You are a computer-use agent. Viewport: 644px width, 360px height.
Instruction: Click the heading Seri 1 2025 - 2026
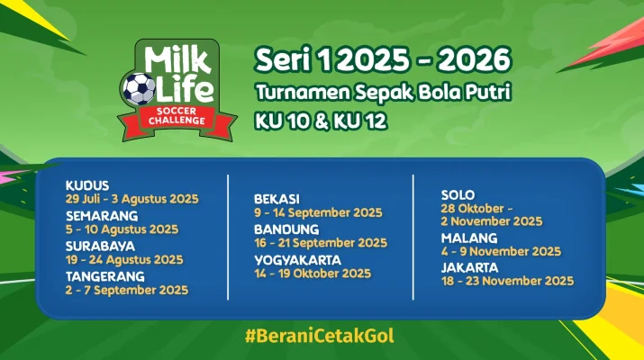[382, 59]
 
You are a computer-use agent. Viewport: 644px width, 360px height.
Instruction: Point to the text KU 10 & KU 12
[321, 120]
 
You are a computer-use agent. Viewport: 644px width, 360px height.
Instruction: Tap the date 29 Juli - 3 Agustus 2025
[132, 198]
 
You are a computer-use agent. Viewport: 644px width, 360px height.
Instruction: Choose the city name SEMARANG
[101, 216]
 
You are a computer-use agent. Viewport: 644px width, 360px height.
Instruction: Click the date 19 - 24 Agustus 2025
[123, 259]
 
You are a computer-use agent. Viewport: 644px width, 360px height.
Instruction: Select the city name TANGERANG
[104, 276]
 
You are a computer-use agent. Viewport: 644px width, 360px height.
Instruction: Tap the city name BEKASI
[277, 199]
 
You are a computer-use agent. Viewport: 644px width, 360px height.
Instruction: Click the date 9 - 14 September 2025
[318, 213]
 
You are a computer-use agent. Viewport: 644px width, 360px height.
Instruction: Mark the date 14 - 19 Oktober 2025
[312, 273]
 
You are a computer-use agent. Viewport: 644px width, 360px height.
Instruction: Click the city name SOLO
[458, 194]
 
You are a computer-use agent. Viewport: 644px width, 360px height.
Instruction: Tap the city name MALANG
[464, 238]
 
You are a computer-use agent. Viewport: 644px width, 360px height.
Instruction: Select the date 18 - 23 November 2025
[507, 281]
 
